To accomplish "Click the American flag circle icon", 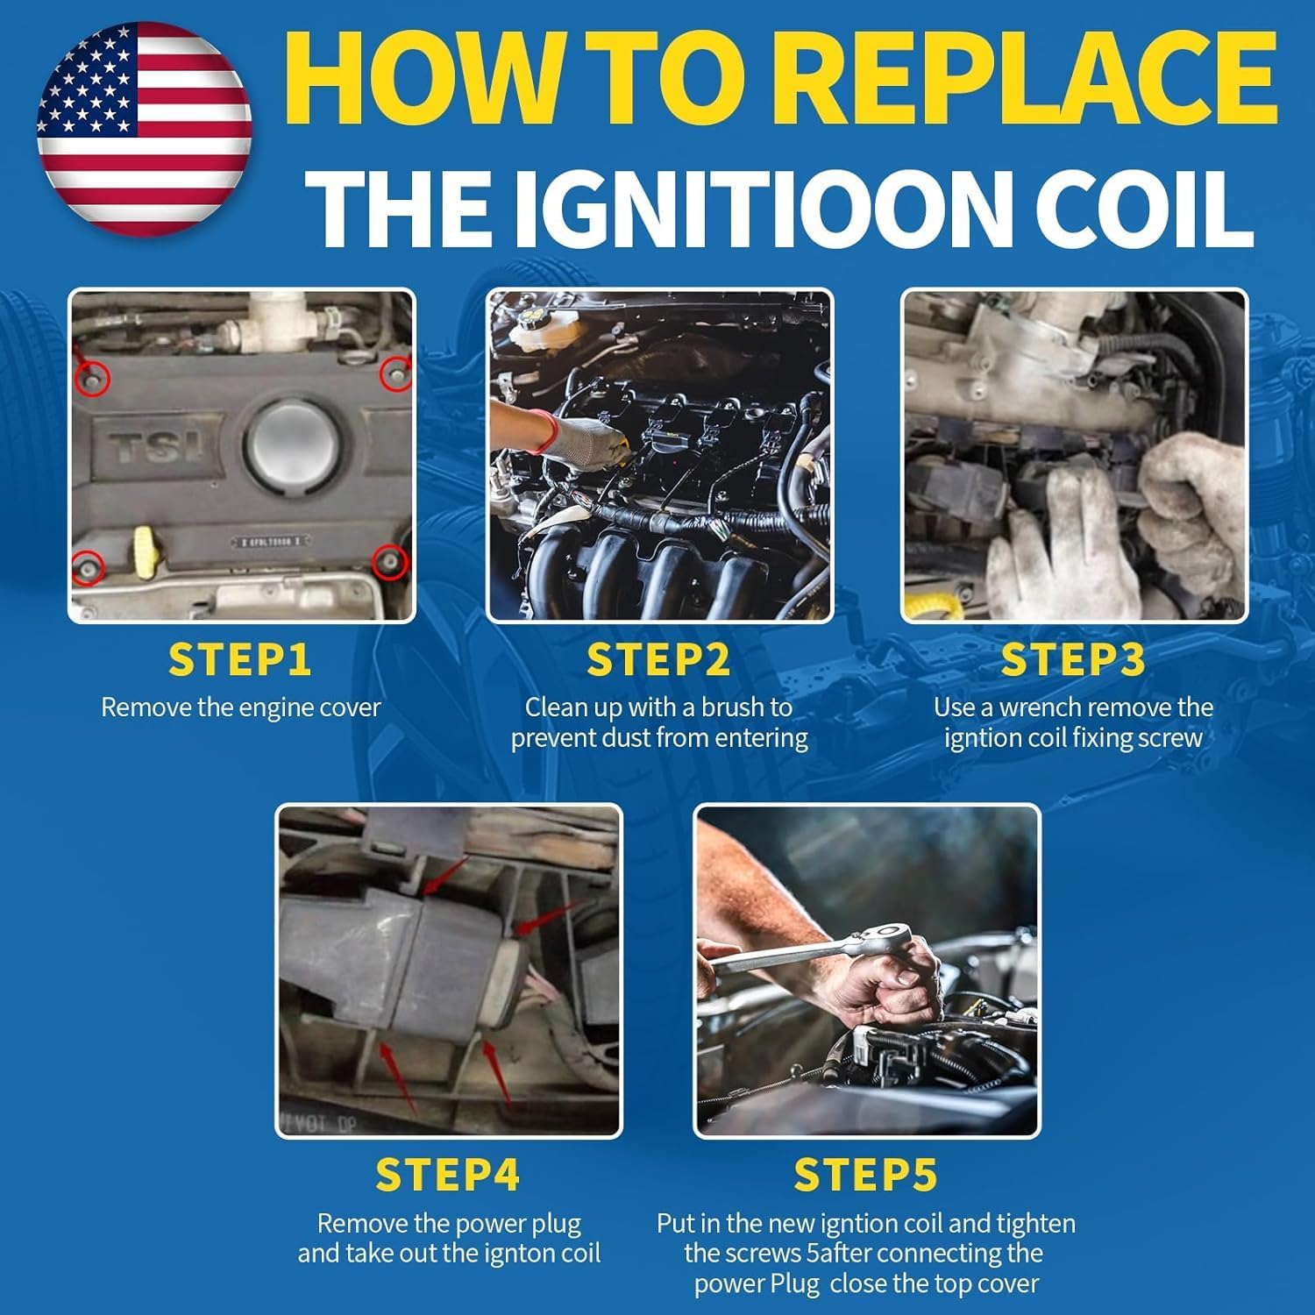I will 145,129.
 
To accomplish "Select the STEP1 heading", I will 240,660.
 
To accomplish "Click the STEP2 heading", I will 658,660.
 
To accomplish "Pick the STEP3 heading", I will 1073,660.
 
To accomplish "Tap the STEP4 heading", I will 448,1176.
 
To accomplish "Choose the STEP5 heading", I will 866,1176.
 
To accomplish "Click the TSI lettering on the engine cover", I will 155,447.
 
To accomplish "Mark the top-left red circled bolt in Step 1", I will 92,378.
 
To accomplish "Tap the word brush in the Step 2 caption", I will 731,707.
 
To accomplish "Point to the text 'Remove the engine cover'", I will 240,707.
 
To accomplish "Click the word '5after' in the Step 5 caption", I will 835,1253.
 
